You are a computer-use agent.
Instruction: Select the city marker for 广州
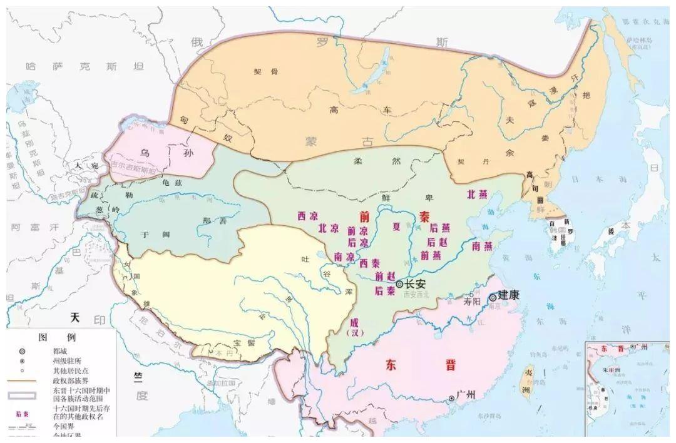[x=451, y=398]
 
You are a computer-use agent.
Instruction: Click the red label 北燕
[x=476, y=194]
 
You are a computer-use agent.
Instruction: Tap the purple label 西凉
[x=307, y=215]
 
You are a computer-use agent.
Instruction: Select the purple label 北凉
[x=328, y=228]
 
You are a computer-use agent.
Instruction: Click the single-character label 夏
[x=396, y=226]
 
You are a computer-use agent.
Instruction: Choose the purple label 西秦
[x=369, y=263]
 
